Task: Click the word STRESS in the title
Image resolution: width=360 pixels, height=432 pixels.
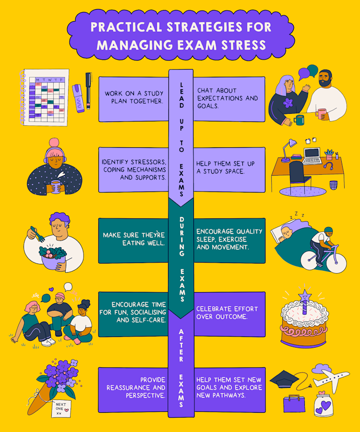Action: click(240, 45)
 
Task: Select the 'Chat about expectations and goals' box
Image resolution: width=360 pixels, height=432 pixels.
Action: click(229, 99)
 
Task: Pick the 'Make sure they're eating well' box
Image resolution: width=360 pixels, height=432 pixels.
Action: click(133, 240)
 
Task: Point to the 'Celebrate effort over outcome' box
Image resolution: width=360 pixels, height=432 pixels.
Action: click(229, 313)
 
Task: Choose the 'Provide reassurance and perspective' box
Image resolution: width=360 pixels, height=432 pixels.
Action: click(133, 388)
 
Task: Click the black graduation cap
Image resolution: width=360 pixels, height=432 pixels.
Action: click(284, 379)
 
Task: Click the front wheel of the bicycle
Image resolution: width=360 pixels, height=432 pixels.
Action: click(336, 262)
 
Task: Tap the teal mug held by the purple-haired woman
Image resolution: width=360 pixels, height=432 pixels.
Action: click(300, 120)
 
